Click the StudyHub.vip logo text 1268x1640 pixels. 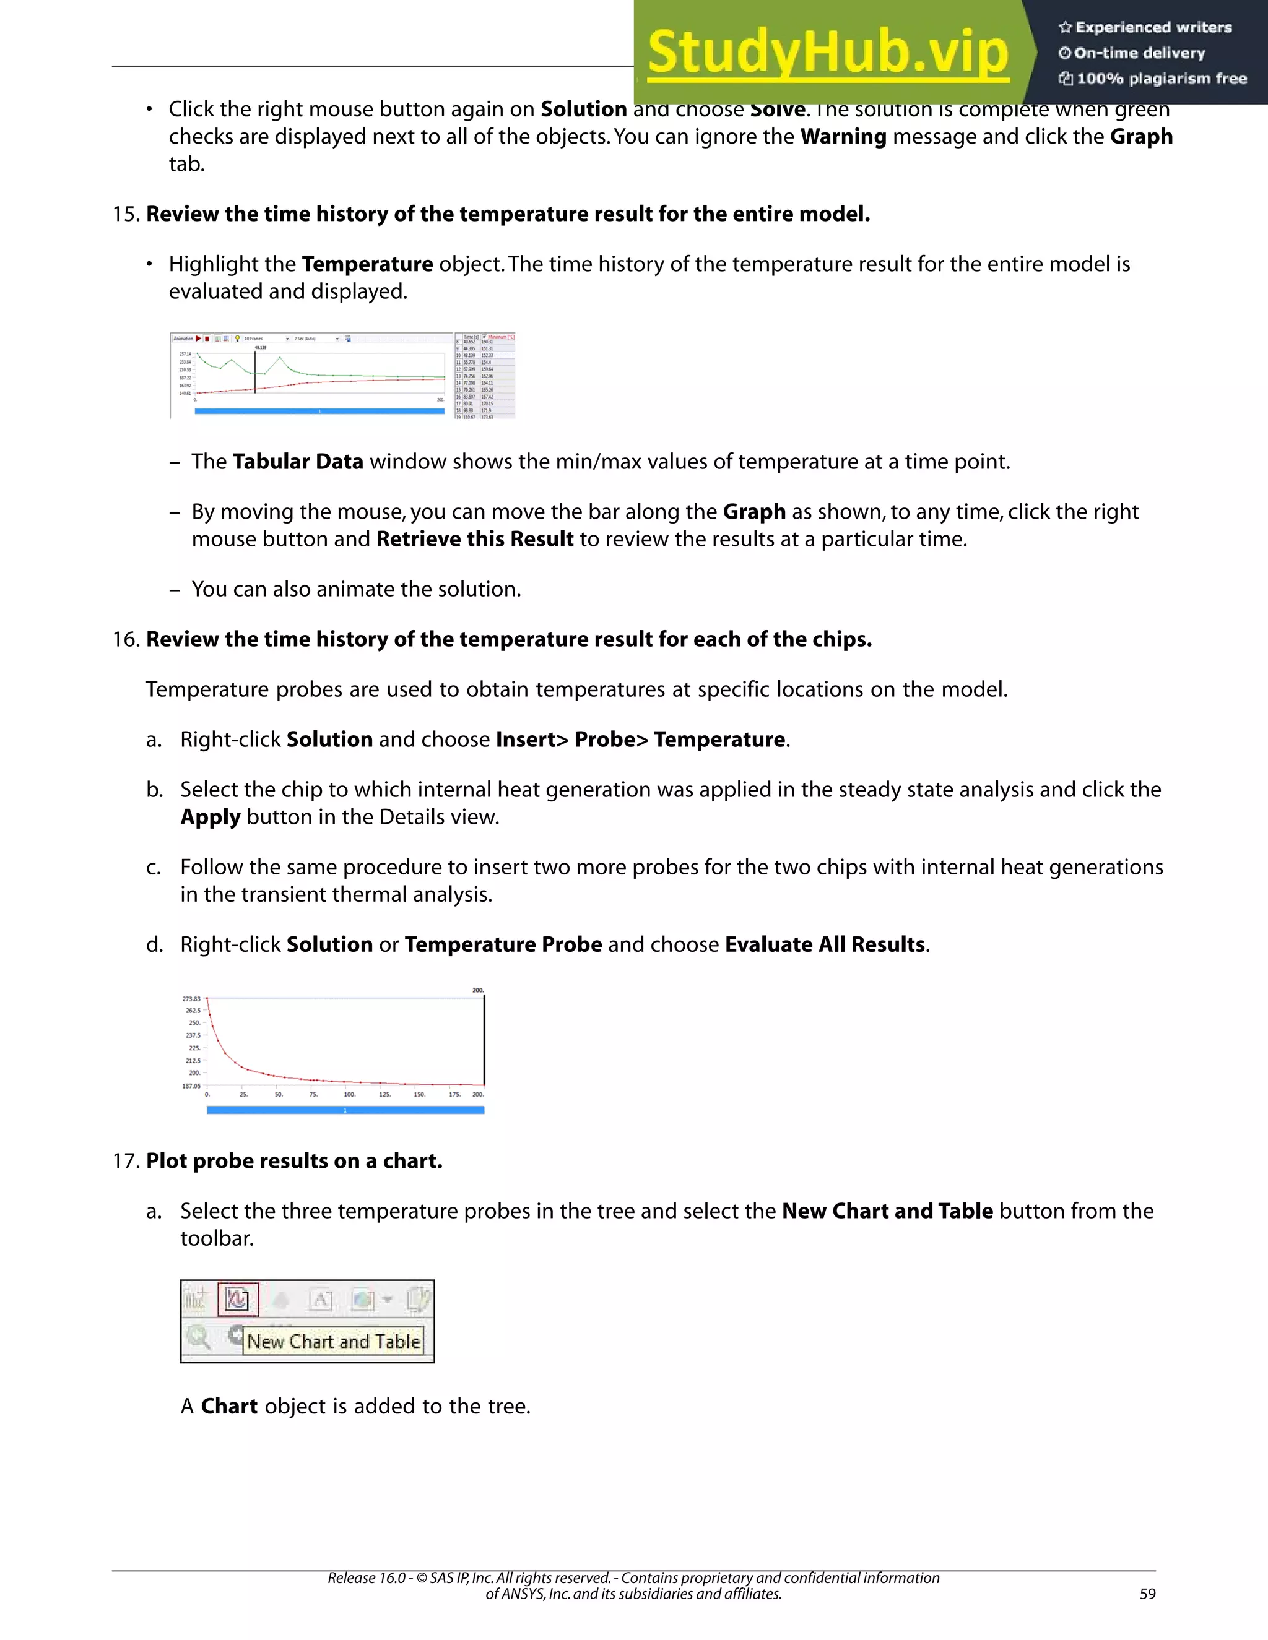[827, 53]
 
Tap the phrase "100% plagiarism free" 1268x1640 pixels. [1162, 79]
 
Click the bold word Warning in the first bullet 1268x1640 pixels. [843, 137]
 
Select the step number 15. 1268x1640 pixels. [126, 214]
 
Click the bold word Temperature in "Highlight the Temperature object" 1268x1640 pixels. [367, 264]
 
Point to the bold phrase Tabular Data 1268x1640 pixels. [297, 462]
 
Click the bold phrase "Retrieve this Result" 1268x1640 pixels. [475, 539]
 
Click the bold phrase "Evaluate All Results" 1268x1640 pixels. [825, 944]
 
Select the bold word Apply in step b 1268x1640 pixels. [211, 817]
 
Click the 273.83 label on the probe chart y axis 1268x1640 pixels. [191, 999]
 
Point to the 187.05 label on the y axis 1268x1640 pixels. [191, 1086]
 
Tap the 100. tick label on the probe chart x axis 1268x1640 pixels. [349, 1095]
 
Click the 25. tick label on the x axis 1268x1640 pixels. [243, 1095]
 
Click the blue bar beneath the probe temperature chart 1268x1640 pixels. [345, 1110]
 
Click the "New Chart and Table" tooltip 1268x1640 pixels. [334, 1341]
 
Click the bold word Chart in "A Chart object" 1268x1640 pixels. [229, 1407]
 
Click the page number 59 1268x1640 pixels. [1147, 1594]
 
